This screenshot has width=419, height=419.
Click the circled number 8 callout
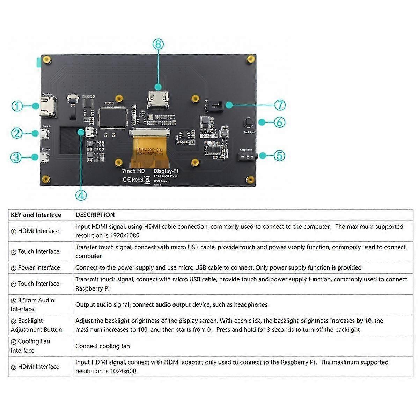(x=158, y=44)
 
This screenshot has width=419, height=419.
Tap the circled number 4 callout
(x=81, y=195)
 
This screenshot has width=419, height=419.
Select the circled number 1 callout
(x=17, y=106)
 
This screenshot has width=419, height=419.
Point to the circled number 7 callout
(x=280, y=105)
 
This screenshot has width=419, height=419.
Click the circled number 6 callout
(x=279, y=122)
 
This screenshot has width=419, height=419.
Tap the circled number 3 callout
(x=16, y=157)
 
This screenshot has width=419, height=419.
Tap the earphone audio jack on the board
(x=247, y=156)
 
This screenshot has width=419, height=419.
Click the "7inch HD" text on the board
(x=133, y=171)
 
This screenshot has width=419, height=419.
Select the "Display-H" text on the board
(x=166, y=171)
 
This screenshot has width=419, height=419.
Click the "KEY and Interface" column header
(x=36, y=215)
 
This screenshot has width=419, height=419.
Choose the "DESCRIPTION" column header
(x=95, y=215)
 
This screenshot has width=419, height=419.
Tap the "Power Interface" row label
(x=39, y=268)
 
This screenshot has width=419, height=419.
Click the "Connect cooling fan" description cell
(x=103, y=346)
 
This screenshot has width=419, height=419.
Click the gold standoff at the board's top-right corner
(x=250, y=59)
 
